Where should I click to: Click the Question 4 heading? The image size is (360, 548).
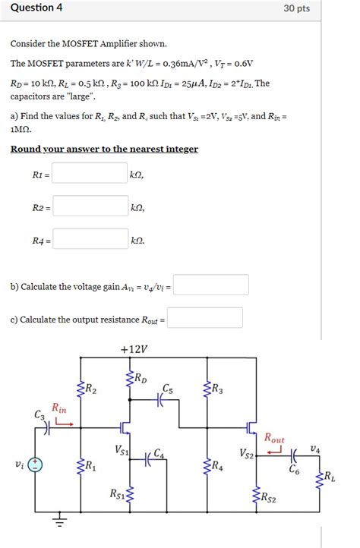[36, 8]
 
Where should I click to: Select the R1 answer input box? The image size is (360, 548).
[90, 174]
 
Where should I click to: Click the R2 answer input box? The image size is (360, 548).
[90, 206]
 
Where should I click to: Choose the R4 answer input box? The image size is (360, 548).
[90, 240]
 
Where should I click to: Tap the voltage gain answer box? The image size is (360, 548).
[211, 285]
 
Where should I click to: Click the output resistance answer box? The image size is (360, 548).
[205, 318]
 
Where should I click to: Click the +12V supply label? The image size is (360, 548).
[134, 350]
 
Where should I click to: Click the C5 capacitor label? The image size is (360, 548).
[167, 389]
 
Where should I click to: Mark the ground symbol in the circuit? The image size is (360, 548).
[58, 522]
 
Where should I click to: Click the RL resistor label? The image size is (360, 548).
[330, 477]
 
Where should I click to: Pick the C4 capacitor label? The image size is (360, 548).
[159, 453]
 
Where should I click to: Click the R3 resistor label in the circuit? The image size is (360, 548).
[217, 390]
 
